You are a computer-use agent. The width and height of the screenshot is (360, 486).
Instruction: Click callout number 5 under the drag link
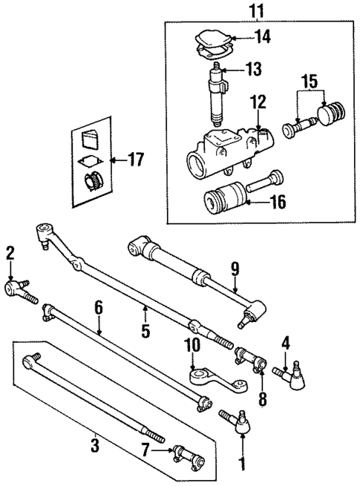[x=145, y=329]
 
